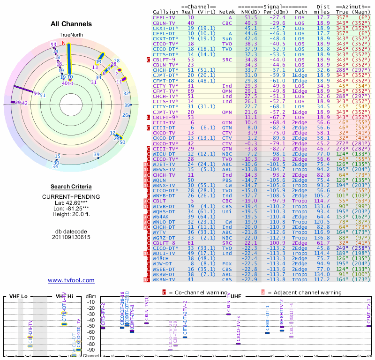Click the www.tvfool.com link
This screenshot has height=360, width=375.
[x=71, y=280]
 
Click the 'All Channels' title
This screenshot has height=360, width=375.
[x=71, y=24]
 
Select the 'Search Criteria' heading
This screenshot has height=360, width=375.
[x=71, y=187]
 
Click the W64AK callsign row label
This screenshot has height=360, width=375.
[x=161, y=217]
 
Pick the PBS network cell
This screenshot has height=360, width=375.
[x=227, y=180]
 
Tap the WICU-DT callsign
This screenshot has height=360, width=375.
[x=164, y=153]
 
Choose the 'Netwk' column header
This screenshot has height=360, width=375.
[x=227, y=12]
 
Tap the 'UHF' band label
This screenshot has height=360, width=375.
[x=236, y=296]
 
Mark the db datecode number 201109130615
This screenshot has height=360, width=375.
[x=71, y=237]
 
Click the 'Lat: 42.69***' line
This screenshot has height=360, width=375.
[x=71, y=202]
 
